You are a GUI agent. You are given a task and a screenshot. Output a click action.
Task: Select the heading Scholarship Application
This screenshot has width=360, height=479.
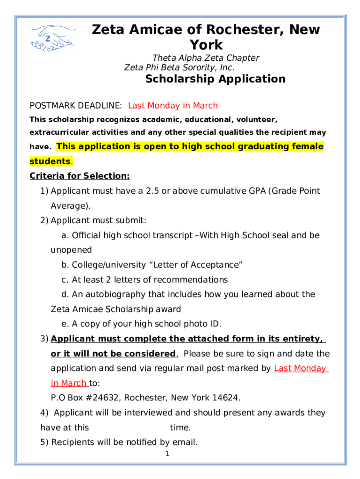click(x=215, y=79)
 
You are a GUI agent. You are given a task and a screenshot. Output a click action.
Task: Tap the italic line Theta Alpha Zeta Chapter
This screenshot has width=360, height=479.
click(x=206, y=58)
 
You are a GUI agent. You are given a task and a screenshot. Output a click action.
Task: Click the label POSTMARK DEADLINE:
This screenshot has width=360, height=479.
click(x=76, y=106)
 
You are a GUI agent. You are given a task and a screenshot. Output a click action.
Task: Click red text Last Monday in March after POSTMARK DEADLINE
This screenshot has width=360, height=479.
click(x=173, y=106)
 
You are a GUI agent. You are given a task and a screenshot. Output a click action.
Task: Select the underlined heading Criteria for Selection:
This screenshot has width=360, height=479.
click(x=79, y=176)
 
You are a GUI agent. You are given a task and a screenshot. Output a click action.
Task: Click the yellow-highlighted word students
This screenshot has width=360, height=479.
click(x=50, y=161)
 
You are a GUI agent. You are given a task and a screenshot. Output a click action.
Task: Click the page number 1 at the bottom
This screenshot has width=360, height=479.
click(x=166, y=454)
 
